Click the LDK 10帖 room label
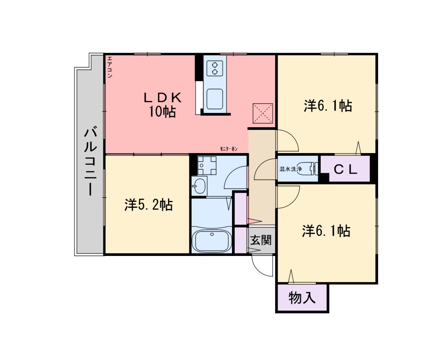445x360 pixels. tap(162, 105)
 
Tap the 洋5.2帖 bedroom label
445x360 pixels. tap(149, 205)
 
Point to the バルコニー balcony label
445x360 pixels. tap(91, 162)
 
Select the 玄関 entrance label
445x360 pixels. tap(261, 240)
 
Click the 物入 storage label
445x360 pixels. tap(302, 298)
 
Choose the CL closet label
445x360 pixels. tap(345, 170)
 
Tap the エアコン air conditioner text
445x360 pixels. tap(110, 67)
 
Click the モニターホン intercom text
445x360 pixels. tap(229, 149)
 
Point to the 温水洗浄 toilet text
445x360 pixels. tap(290, 169)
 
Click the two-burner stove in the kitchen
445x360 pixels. tap(215, 68)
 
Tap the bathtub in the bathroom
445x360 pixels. tap(212, 240)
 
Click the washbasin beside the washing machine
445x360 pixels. tap(199, 186)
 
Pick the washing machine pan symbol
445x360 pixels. tap(207, 165)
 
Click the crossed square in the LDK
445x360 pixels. tap(262, 113)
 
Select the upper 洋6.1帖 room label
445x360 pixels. tap(328, 106)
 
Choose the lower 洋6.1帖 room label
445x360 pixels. tap(326, 231)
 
